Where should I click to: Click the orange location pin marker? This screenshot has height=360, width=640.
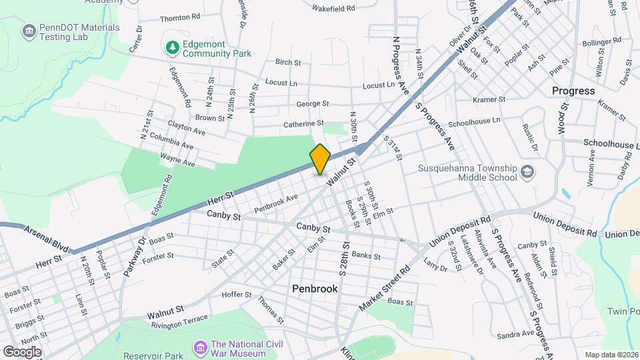pos(320,159)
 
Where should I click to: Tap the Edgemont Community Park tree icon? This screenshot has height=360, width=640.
pos(172,47)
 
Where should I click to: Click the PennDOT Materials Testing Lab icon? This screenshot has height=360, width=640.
pos(28,31)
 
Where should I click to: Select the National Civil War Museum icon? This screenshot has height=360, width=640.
pos(200,347)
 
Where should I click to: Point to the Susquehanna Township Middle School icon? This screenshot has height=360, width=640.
pos(528,173)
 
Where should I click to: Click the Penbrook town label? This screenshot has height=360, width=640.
pos(315,289)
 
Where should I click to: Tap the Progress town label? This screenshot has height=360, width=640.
pos(573,91)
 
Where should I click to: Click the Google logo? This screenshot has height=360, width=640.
pos(21,351)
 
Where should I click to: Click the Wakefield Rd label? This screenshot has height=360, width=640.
pos(333,9)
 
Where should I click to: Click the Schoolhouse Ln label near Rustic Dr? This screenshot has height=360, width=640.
pos(473,123)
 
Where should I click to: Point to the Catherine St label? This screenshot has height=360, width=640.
pos(303,123)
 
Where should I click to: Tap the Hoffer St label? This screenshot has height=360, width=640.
pos(237,294)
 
